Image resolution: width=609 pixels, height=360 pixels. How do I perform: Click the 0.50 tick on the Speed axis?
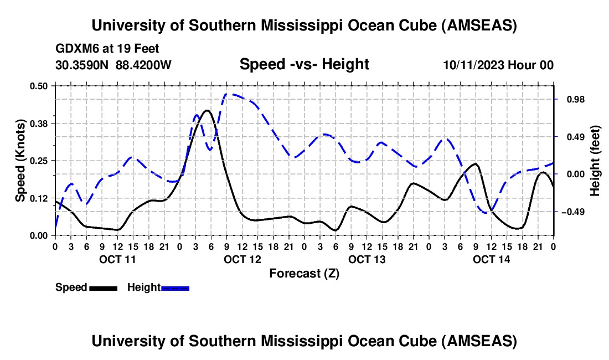(39, 86)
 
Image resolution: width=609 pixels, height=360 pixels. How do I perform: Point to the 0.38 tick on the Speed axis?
(39, 123)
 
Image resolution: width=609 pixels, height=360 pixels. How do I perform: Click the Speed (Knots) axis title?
(20, 161)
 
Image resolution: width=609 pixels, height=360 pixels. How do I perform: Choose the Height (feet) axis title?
(595, 161)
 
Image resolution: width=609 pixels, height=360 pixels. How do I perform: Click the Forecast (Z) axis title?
(304, 273)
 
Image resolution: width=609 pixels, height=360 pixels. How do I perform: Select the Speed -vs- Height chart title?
(304, 64)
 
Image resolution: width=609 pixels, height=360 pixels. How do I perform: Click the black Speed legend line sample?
(103, 287)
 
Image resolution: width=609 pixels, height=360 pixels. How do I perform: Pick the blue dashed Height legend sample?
(175, 287)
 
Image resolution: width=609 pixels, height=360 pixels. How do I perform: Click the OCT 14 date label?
(492, 259)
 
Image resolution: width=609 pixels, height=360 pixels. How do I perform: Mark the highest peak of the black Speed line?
(207, 110)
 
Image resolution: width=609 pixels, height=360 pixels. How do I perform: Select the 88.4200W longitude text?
(143, 65)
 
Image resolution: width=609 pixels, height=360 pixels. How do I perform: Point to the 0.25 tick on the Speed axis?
(39, 161)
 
